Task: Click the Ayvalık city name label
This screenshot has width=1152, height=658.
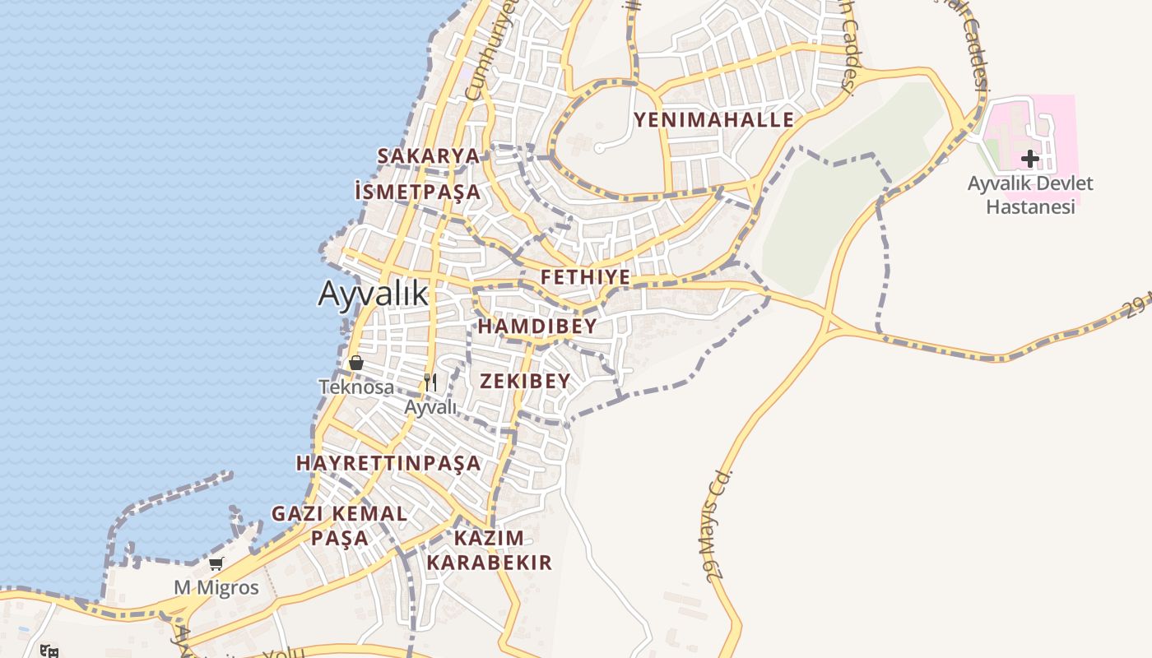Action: pos(374,294)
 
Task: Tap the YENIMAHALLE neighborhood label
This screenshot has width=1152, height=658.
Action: pos(713,120)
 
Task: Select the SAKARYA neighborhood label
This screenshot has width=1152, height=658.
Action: pos(428,155)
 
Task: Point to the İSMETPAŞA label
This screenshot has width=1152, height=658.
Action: pos(417,192)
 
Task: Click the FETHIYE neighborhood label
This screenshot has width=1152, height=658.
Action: pos(585,277)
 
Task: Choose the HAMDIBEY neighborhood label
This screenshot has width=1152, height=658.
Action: pos(537,327)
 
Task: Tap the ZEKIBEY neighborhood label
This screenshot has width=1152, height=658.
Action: pos(525,381)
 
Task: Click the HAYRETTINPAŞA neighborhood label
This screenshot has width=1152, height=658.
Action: pos(388,463)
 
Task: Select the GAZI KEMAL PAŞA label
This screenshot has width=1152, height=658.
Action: pos(339,526)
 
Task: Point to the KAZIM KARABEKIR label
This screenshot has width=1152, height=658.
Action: pos(489,550)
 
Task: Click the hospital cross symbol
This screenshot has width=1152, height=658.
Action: pos(1030,159)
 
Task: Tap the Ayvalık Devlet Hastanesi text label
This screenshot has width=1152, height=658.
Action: pos(1030,195)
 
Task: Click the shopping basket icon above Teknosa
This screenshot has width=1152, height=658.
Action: pos(356,363)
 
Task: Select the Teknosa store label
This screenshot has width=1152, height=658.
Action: pos(356,387)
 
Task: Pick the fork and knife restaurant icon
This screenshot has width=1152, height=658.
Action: pos(430,382)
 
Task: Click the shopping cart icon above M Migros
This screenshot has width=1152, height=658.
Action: pos(216,564)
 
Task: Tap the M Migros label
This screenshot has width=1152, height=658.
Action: pos(216,588)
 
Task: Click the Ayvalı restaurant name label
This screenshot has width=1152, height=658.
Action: pos(430,406)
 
